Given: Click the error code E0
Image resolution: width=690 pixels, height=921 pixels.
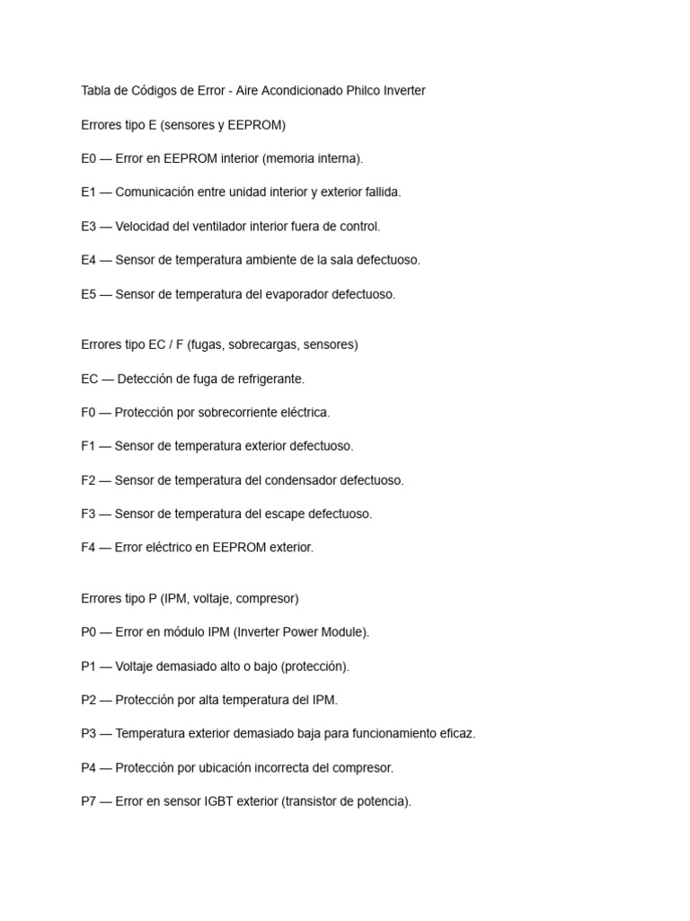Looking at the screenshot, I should [88, 158].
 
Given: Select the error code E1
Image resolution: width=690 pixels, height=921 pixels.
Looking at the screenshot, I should [88, 192].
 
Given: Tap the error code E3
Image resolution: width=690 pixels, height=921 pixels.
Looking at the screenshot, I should [88, 227].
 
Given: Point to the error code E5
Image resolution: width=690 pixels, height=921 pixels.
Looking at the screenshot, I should [88, 294].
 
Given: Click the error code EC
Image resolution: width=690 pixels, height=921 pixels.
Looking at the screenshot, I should [89, 379].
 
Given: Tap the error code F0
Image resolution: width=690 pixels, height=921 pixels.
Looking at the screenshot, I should [88, 413].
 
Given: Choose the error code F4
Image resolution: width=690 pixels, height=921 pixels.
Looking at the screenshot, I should [88, 548].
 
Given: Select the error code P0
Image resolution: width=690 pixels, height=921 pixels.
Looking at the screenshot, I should [88, 632].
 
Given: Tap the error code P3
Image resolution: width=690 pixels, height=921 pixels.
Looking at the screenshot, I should [88, 734].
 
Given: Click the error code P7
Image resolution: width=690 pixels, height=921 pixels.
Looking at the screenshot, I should [88, 801].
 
